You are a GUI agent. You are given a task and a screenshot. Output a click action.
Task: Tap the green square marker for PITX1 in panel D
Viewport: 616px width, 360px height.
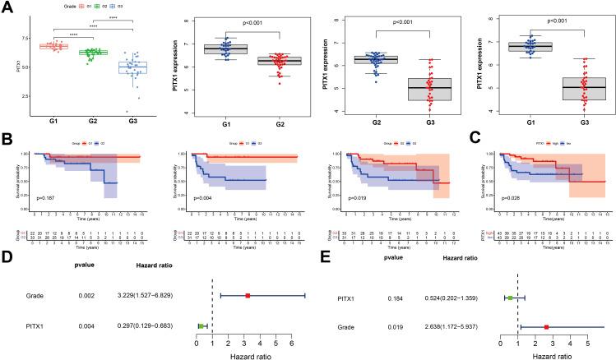click(x=201, y=326)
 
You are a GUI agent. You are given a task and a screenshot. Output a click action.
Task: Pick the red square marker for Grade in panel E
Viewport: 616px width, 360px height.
click(x=546, y=327)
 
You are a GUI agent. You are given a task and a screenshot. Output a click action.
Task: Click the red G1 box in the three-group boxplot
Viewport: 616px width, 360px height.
click(x=53, y=46)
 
